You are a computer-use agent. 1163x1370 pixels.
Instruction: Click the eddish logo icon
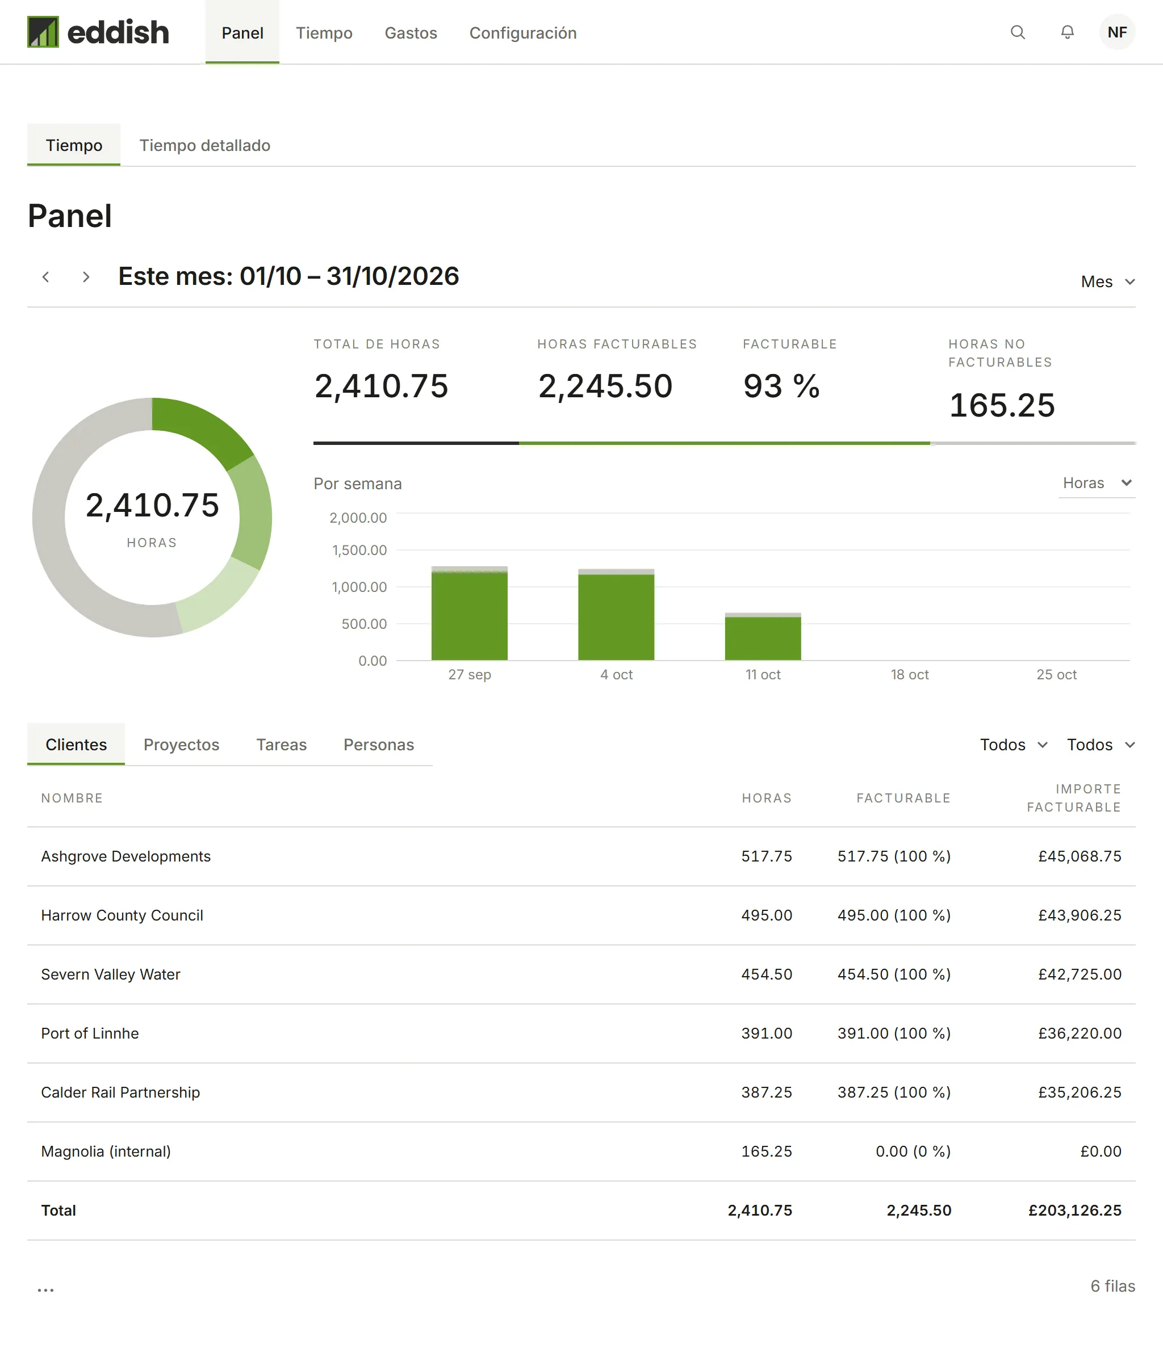click(43, 32)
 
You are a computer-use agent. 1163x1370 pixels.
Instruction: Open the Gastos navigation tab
click(411, 33)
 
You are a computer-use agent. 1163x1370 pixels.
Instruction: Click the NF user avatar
click(1117, 32)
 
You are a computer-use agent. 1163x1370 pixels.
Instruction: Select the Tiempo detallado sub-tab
click(205, 145)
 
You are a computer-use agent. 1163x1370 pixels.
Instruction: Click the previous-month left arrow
click(45, 277)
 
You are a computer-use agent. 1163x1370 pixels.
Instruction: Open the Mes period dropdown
click(1107, 281)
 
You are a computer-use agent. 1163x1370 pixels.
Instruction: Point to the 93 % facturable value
click(781, 385)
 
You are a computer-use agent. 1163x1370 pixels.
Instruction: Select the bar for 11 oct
click(763, 637)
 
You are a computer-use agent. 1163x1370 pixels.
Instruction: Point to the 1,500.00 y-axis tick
click(359, 550)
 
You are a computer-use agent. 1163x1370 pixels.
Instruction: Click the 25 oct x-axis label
click(1056, 674)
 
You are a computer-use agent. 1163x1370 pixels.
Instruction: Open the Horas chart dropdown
click(1097, 483)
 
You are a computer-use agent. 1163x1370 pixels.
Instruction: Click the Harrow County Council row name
click(122, 915)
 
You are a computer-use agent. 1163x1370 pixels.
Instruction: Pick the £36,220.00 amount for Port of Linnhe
click(1080, 1033)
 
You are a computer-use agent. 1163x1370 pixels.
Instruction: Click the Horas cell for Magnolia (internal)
click(766, 1152)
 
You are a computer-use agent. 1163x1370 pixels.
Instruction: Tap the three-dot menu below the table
click(45, 1289)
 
